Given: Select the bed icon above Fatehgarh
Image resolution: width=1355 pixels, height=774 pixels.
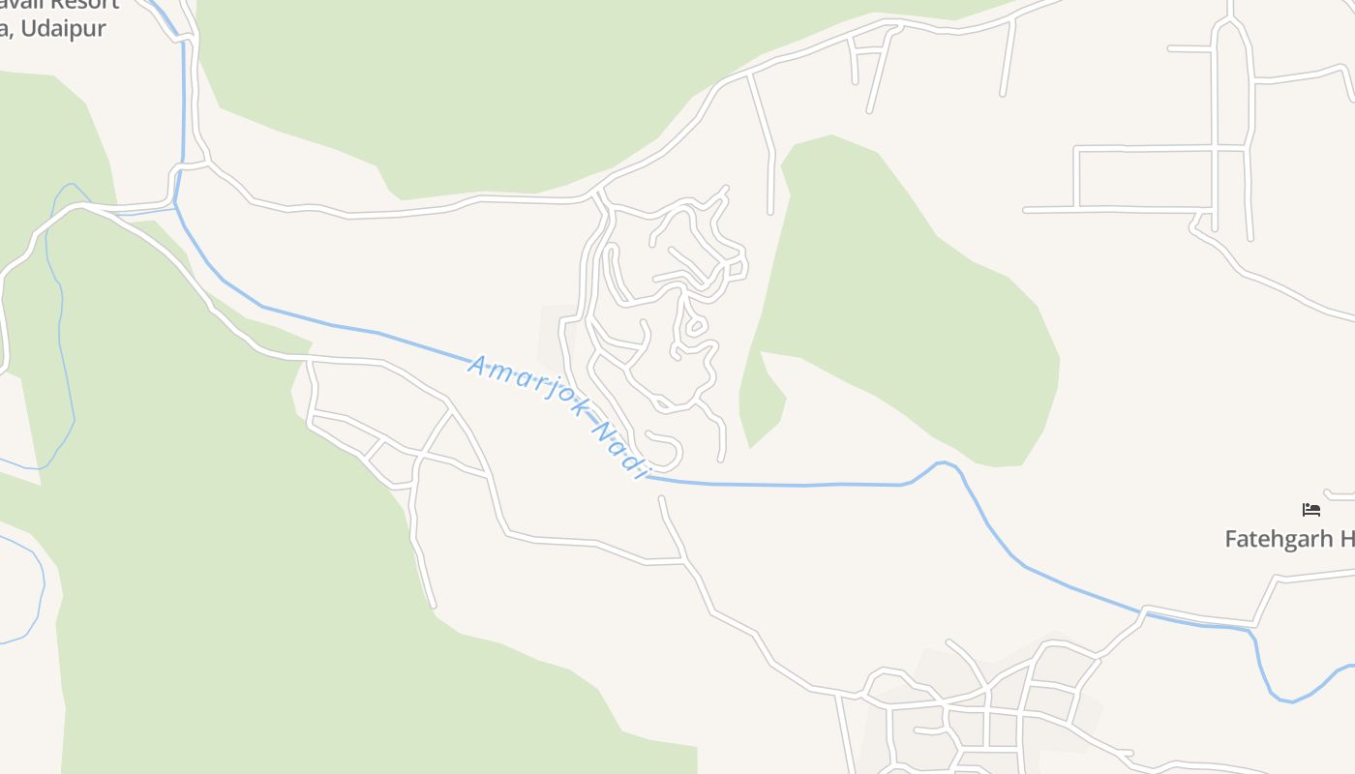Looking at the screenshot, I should tap(1311, 509).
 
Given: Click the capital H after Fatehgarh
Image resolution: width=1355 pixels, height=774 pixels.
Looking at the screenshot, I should tap(1346, 539).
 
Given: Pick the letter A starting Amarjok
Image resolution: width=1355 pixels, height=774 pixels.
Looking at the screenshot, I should tap(476, 364).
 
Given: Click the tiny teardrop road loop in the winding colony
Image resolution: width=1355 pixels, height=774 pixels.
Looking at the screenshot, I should tap(695, 327).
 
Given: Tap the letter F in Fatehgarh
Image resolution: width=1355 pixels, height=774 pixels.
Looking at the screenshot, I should tap(1232, 539).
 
